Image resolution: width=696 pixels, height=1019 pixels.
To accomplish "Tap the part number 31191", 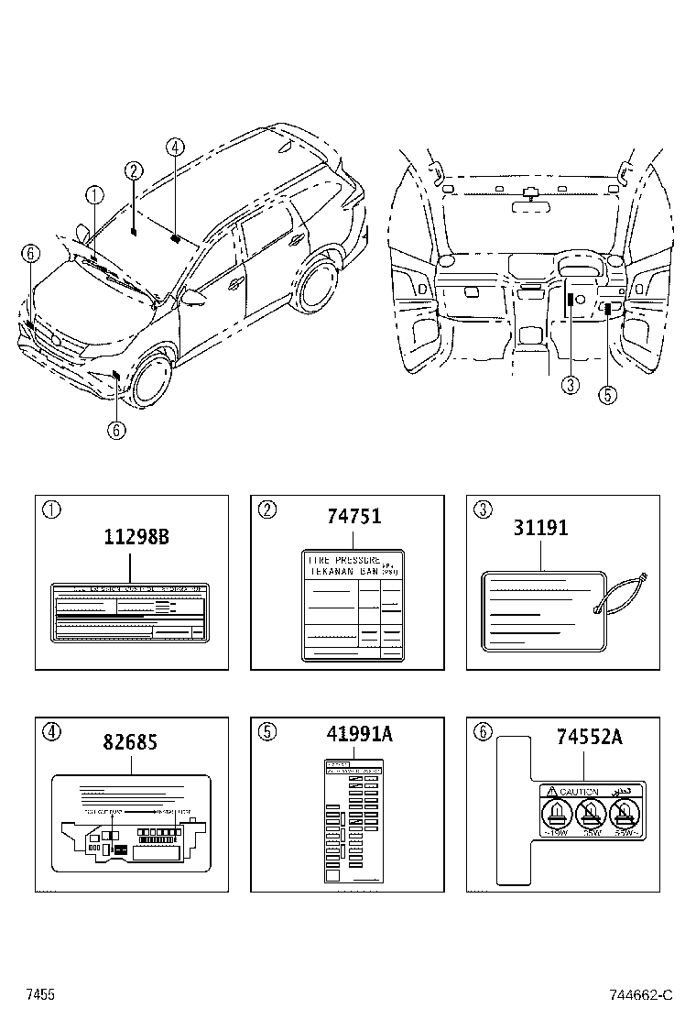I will (x=540, y=528).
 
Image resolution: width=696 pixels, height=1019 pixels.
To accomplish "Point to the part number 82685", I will (x=129, y=742).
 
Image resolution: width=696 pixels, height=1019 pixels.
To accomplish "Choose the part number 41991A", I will (x=359, y=734).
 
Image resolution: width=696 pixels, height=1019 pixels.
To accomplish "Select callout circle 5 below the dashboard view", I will (x=607, y=394).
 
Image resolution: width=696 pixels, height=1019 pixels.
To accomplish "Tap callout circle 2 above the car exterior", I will (x=134, y=170).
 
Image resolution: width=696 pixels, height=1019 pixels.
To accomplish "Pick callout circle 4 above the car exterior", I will (x=175, y=146).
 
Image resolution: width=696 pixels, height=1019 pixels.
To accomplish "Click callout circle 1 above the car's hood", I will (x=93, y=194).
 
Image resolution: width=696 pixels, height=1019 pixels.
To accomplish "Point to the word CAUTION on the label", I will (x=579, y=792).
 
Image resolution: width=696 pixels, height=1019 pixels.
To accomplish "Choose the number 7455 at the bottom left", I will (x=39, y=995).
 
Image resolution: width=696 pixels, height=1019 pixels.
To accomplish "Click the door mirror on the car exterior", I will (x=194, y=297).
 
